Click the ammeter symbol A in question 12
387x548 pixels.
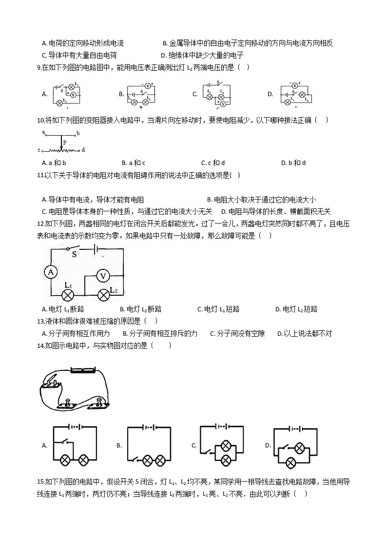(50, 272)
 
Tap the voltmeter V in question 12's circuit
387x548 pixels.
(103, 276)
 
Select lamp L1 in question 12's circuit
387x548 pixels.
(69, 295)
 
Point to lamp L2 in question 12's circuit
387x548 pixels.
(103, 295)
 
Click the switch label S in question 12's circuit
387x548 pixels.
(75, 254)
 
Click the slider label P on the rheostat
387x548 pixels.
(65, 143)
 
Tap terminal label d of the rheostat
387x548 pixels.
(83, 150)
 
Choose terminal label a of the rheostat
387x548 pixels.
(43, 132)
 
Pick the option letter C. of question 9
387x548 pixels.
(195, 94)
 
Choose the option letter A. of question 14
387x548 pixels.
(44, 445)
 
